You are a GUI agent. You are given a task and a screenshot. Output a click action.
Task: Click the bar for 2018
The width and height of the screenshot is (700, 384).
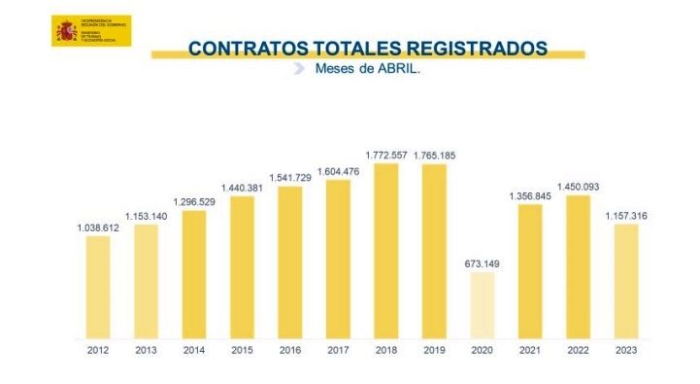click(385, 252)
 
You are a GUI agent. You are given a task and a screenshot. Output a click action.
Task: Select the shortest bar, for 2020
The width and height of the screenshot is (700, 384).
click(481, 305)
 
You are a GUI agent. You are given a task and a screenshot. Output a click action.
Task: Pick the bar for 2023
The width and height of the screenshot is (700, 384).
click(624, 282)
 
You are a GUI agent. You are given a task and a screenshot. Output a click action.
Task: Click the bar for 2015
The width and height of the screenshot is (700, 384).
click(242, 268)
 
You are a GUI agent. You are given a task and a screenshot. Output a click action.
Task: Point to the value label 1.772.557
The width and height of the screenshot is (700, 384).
click(386, 154)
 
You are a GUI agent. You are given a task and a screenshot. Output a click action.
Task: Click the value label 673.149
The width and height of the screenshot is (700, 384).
click(481, 262)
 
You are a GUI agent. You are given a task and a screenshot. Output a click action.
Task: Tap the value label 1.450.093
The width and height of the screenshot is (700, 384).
click(577, 186)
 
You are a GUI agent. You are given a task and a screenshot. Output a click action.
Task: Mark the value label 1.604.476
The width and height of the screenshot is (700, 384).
click(338, 171)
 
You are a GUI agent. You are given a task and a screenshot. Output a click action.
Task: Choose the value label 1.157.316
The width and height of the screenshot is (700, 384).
click(624, 215)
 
